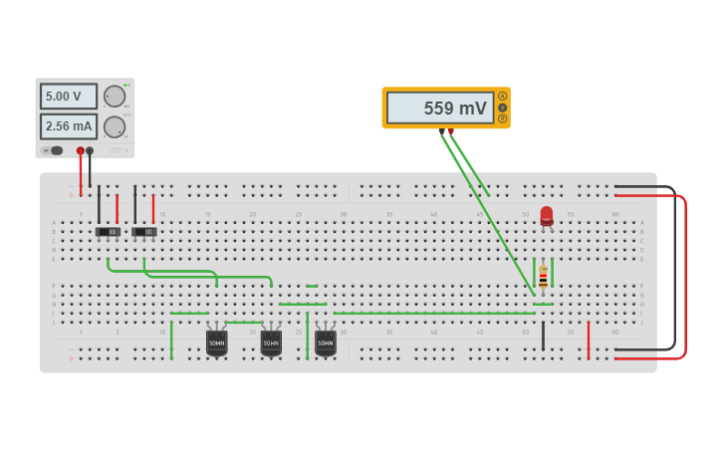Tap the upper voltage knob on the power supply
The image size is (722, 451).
115,97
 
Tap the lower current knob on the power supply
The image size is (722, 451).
115,126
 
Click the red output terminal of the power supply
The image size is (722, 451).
81,150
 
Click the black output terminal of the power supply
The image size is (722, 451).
90,150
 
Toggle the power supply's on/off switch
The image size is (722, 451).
55,150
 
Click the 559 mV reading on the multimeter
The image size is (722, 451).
439,109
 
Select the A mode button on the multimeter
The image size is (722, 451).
503,97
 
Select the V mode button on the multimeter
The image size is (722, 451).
503,108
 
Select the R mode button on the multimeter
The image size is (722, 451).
503,118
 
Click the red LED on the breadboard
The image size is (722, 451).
547,215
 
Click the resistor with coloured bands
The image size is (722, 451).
543,277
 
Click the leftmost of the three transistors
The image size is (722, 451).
216,342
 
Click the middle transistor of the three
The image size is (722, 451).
271,342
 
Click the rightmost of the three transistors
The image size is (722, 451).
326,342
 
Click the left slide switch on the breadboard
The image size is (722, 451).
108,232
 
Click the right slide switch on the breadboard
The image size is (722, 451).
144,232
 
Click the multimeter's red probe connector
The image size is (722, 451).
451,130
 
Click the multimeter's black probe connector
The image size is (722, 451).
442,130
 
